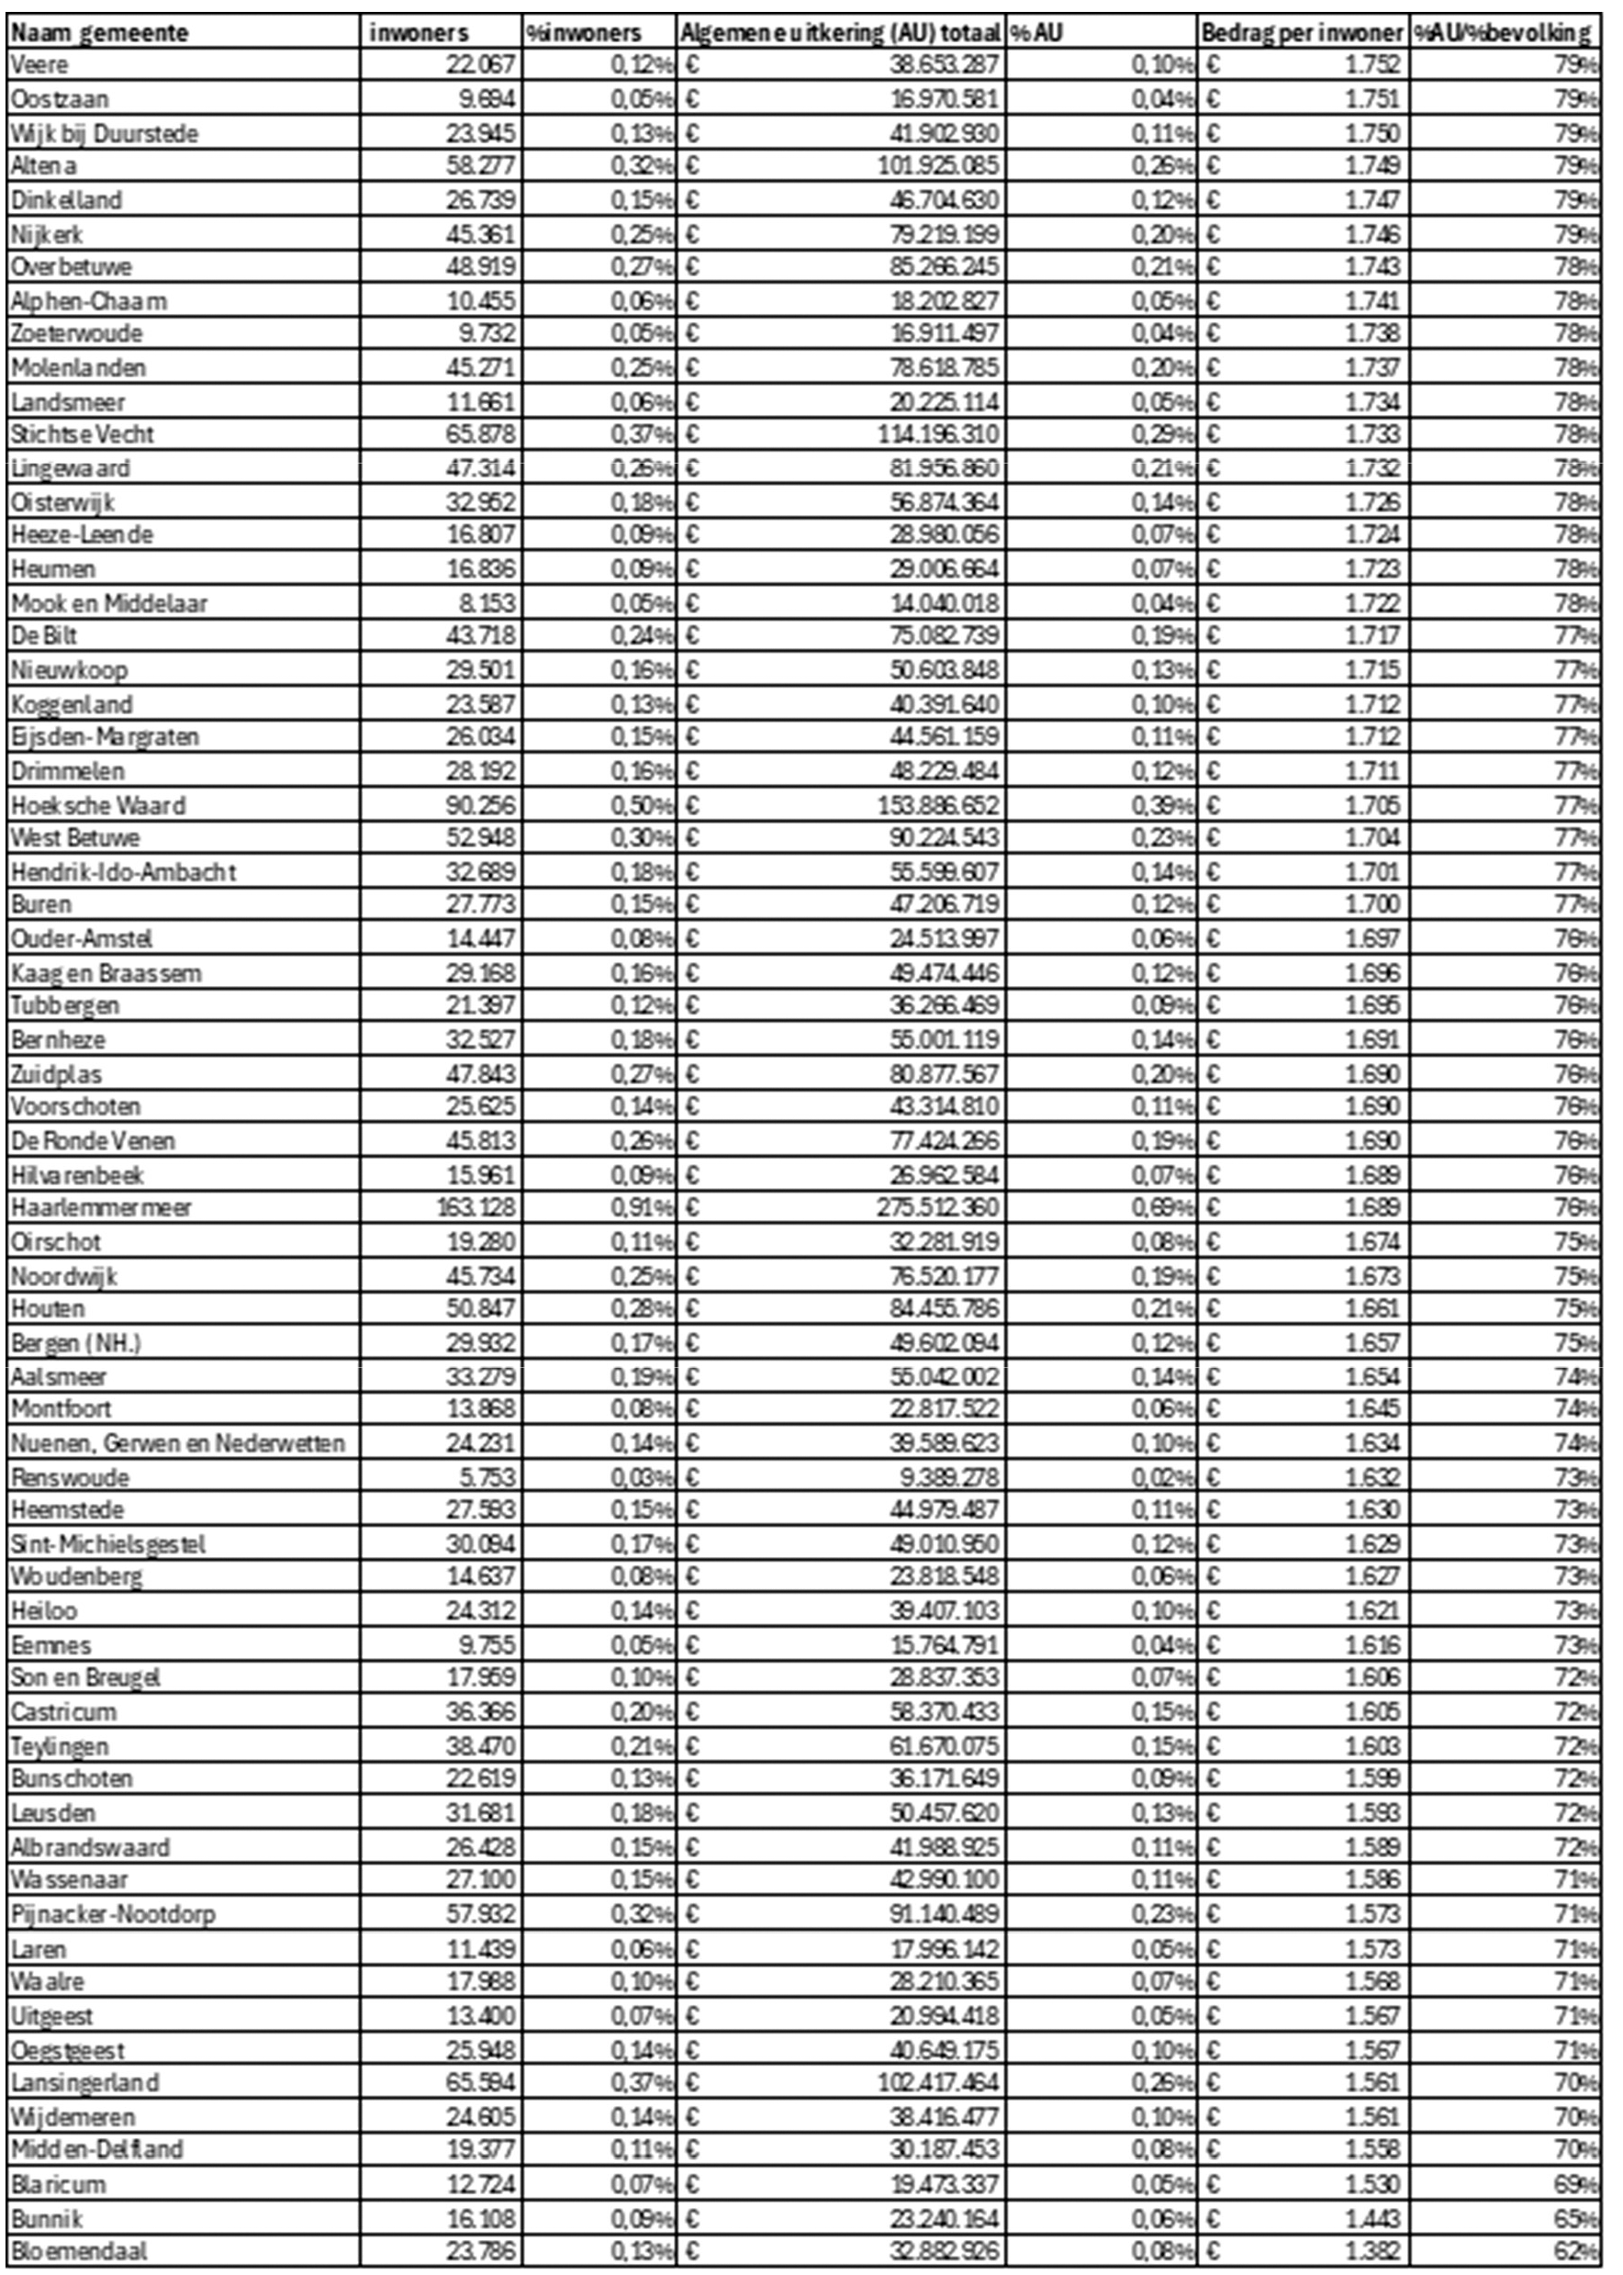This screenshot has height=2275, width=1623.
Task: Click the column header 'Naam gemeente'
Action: tap(100, 33)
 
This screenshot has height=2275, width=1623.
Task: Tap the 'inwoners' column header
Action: tap(419, 33)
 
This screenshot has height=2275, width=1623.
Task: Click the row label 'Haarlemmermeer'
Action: tap(102, 1207)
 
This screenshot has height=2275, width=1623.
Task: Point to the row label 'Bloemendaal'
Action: tap(80, 2250)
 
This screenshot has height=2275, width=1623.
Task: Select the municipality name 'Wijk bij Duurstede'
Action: tap(105, 133)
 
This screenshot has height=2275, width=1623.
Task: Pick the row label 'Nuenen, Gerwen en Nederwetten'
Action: tap(178, 1443)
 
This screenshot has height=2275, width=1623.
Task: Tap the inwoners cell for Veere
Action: tap(481, 65)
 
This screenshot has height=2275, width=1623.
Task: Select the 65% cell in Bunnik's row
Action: tap(1576, 2217)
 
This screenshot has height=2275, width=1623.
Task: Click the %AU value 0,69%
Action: tap(1162, 1207)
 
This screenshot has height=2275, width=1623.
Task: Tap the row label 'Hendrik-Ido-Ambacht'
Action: tap(124, 871)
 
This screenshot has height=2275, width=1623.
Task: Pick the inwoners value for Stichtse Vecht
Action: tap(481, 434)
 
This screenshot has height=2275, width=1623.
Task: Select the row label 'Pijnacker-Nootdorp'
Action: tap(113, 1913)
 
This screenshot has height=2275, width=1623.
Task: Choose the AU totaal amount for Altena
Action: tap(937, 165)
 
